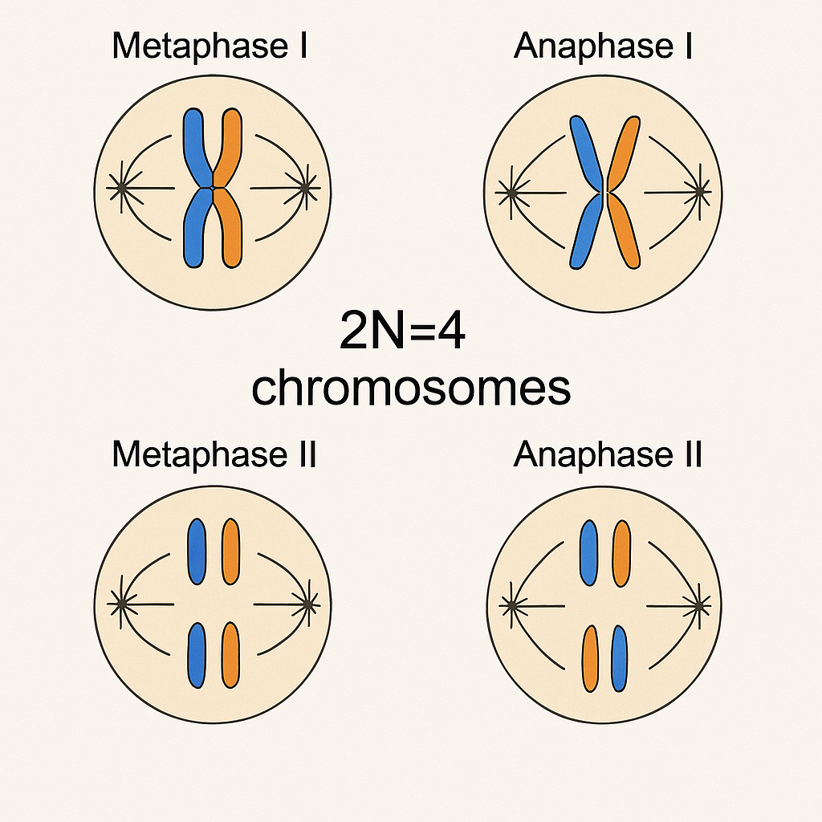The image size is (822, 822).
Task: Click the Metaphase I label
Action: coord(210,47)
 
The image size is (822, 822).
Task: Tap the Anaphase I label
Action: coord(604,47)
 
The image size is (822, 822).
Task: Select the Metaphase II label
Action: coord(214,455)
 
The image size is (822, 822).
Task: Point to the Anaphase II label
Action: coord(608,455)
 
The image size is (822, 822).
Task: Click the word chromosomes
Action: coord(411,389)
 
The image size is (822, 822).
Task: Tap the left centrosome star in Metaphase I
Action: coord(120,189)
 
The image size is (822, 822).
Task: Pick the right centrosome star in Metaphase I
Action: coord(305,189)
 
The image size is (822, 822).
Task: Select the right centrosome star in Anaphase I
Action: coord(700,191)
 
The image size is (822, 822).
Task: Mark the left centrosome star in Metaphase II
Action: coord(120,603)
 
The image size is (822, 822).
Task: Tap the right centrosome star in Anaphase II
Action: coord(699,604)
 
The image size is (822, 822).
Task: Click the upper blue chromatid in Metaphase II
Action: coord(196,551)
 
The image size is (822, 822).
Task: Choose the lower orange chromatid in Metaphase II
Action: coord(230,655)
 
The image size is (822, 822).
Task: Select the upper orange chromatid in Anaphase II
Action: coord(621,553)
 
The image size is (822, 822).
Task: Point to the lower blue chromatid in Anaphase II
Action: coord(618,659)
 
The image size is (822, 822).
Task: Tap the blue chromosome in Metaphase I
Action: coord(194,144)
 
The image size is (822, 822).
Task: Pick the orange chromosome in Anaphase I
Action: coord(625,153)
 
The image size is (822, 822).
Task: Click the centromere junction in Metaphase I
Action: coord(212,188)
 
